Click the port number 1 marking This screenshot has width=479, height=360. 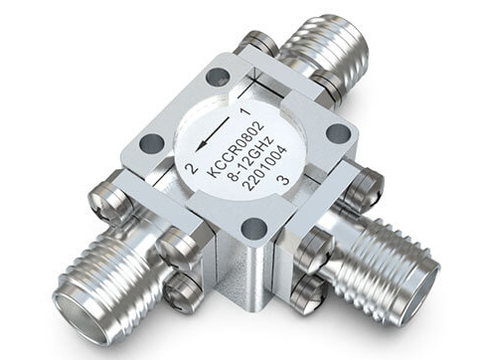click(244, 111)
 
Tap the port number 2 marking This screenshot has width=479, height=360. click(192, 169)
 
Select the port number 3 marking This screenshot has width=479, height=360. click(284, 180)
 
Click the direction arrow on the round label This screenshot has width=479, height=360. click(213, 134)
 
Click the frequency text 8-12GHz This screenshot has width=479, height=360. click(251, 158)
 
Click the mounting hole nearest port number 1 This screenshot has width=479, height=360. click(218, 78)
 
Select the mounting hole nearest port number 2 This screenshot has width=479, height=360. click(152, 144)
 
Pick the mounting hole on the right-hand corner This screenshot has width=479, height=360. click(339, 133)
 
